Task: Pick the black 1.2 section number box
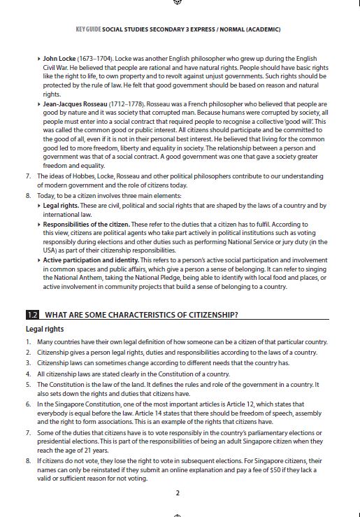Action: pyautogui.click(x=32, y=313)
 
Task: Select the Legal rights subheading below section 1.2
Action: pyautogui.click(x=45, y=329)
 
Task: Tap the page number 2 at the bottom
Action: pyautogui.click(x=178, y=493)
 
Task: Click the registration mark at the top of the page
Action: pyautogui.click(x=178, y=3)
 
